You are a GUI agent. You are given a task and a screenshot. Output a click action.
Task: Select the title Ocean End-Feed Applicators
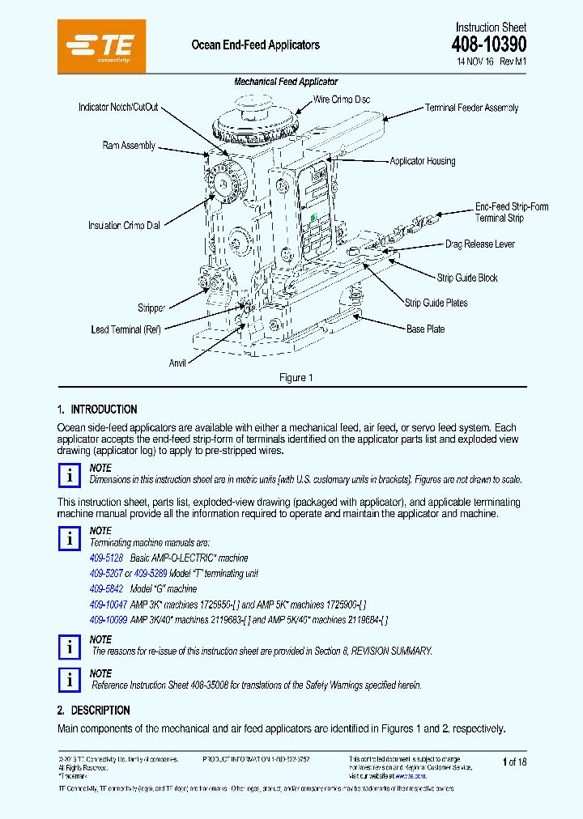pyautogui.click(x=255, y=45)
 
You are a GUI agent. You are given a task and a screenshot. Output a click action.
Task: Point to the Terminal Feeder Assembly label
pyautogui.click(x=471, y=108)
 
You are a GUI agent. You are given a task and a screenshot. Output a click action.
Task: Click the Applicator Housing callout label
pyautogui.click(x=422, y=161)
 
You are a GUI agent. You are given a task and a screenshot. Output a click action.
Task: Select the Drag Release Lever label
pyautogui.click(x=479, y=244)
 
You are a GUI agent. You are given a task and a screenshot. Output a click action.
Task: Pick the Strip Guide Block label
pyautogui.click(x=467, y=278)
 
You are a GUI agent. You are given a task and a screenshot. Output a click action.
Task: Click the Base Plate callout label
pyautogui.click(x=425, y=329)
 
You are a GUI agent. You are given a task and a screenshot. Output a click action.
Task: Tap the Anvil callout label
pyautogui.click(x=177, y=363)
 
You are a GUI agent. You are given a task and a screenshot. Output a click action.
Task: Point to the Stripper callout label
pyautogui.click(x=151, y=308)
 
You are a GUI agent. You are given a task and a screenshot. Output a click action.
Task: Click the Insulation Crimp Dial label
pyautogui.click(x=124, y=226)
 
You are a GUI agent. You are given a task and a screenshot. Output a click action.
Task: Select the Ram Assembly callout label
pyautogui.click(x=129, y=146)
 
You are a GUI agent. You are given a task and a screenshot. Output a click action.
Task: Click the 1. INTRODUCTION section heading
pyautogui.click(x=97, y=409)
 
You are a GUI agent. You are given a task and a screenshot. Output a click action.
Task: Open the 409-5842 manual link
pyautogui.click(x=106, y=589)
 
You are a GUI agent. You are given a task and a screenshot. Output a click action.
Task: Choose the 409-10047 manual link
pyautogui.click(x=109, y=605)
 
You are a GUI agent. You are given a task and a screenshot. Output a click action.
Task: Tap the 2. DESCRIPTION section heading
pyautogui.click(x=93, y=711)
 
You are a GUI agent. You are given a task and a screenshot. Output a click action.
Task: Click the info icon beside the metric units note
pyautogui.click(x=70, y=475)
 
